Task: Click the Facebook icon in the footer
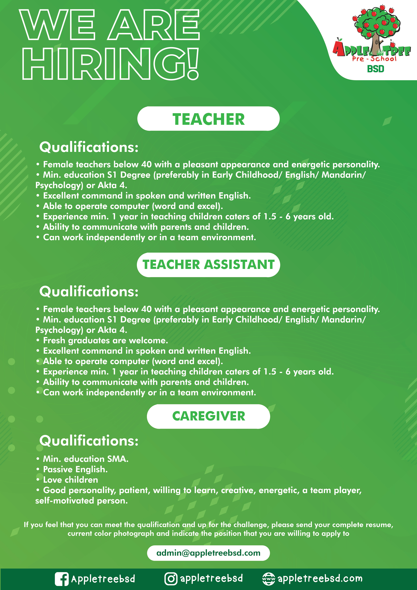pos(62,579)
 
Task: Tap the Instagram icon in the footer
pos(171,579)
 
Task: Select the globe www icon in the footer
pos(269,579)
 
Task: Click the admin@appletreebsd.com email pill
pos(208,553)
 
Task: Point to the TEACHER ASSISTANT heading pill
pos(208,265)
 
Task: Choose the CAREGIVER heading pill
pos(208,416)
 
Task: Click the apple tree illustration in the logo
pos(376,26)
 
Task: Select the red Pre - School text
pos(374,59)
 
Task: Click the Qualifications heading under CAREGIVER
pos(89,441)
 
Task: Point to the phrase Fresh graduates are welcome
pos(105,340)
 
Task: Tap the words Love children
pos(70,480)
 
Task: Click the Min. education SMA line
pos(86,459)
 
